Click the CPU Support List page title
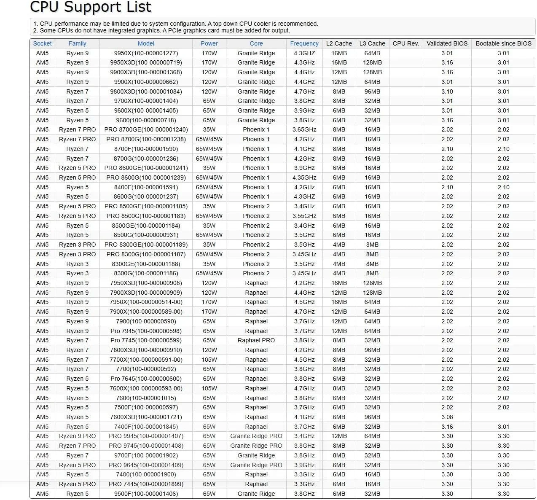91,7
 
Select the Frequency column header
304,43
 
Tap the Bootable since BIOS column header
503,43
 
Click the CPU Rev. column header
405,43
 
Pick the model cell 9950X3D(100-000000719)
146,62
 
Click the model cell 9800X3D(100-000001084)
146,91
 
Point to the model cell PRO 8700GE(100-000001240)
146,129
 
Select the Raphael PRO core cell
256,340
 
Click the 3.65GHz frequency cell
304,129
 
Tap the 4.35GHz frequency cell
304,177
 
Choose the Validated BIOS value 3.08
447,417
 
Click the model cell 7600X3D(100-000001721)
146,417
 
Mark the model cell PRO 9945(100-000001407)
146,436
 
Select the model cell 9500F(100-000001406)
146,494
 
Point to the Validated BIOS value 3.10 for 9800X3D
447,91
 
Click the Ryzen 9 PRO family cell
77,436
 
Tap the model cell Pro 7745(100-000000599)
146,340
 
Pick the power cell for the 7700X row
209,360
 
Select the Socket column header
42,43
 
